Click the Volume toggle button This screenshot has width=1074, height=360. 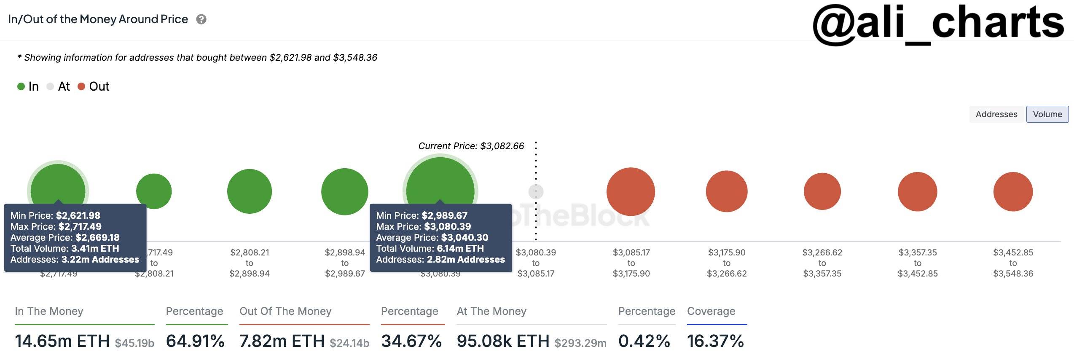click(1047, 114)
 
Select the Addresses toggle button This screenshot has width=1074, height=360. click(996, 114)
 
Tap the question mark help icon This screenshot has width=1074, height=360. click(201, 19)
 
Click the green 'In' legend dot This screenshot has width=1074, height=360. click(21, 86)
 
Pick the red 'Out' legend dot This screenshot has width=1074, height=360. click(82, 86)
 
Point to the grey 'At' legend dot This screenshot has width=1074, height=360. click(50, 86)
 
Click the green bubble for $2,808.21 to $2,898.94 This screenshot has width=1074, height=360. click(250, 191)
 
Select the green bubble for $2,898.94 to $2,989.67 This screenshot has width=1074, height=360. click(345, 191)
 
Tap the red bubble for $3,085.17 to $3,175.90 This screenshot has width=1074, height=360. click(631, 191)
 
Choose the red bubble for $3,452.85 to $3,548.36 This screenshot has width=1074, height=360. click(1013, 191)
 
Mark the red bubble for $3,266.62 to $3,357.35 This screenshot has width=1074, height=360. click(822, 191)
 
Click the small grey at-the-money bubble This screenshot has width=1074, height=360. click(536, 192)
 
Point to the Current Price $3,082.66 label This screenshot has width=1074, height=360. click(471, 146)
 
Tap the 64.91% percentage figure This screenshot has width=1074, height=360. click(195, 341)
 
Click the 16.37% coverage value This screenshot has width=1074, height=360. click(715, 341)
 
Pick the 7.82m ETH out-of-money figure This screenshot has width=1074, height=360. click(282, 341)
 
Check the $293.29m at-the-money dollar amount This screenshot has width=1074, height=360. click(580, 343)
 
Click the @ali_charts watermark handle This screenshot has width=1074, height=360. click(938, 23)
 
